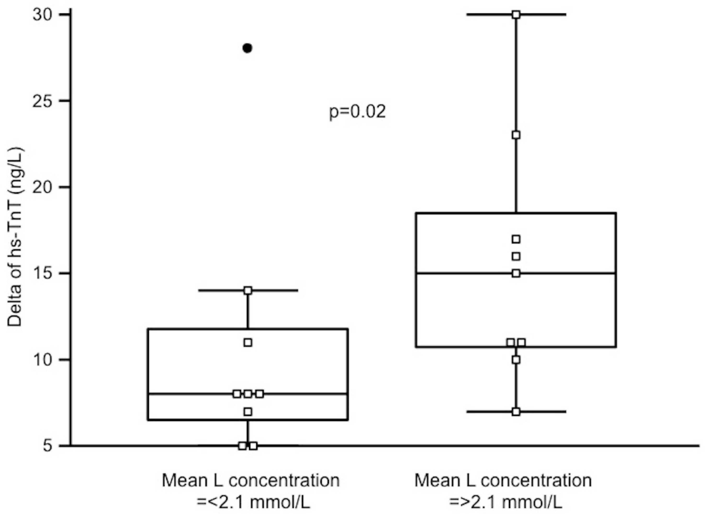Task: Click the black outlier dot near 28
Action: pos(247,48)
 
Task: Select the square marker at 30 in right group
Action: pos(516,15)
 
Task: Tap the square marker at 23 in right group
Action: pos(516,135)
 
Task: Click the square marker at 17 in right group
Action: pos(516,239)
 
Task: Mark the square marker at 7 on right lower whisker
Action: pos(516,411)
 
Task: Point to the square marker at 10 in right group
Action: pos(516,360)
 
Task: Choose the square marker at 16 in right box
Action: pos(516,257)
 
